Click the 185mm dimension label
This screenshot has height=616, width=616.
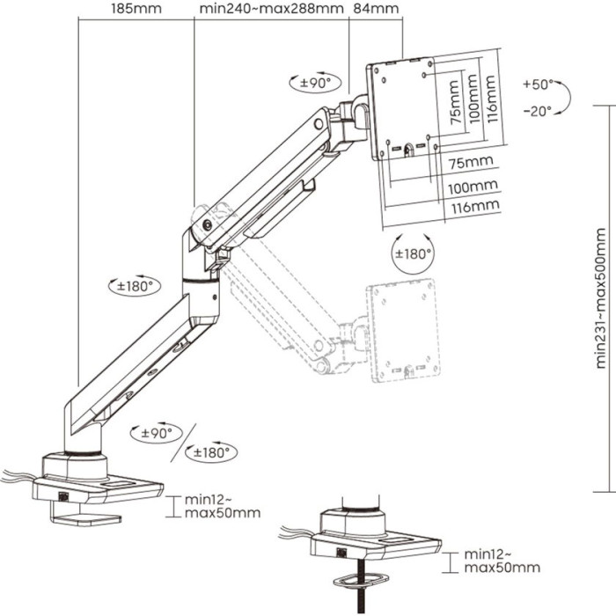click(x=135, y=11)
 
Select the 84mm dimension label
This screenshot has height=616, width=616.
click(x=375, y=11)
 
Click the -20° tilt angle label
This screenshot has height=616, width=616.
click(x=537, y=111)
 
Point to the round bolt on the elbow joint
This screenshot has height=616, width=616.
click(x=208, y=224)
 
